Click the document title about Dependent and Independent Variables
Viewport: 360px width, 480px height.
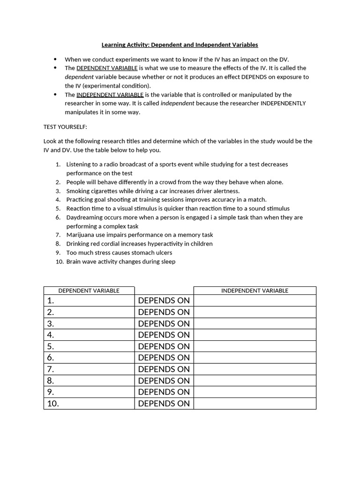(180, 45)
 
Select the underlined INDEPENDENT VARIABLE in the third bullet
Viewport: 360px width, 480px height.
(110, 95)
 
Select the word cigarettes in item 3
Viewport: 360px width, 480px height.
(105, 191)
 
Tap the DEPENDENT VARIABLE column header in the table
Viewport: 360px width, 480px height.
(89, 291)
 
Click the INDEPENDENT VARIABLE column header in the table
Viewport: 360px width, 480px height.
(255, 291)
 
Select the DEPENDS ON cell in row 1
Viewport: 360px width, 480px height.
(164, 300)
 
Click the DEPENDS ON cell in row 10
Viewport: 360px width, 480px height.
(164, 404)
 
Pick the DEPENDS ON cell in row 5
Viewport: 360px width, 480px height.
(164, 346)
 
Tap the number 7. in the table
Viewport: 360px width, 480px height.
(51, 369)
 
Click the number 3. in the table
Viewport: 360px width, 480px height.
(51, 323)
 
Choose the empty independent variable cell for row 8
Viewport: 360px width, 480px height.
(255, 381)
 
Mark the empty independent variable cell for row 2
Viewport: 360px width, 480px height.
(255, 312)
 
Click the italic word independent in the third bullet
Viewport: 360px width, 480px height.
(177, 104)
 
